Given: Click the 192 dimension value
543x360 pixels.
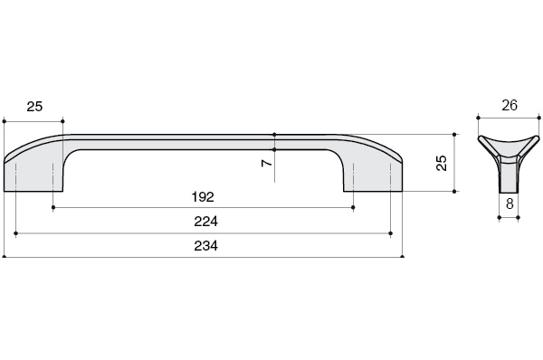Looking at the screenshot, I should pos(204,195).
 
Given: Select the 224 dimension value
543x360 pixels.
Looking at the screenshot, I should pos(204,221).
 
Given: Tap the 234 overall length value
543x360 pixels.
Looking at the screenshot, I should pos(204,246).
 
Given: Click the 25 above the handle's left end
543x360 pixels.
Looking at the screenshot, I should pos(34,107).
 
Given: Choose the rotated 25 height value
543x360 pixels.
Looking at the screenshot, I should pos(441,163).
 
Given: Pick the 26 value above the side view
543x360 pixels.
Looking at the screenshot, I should pos(510,106).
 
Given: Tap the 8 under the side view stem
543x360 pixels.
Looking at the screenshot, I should pos(510,204).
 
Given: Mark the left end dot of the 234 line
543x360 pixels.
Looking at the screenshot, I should pos(5,257).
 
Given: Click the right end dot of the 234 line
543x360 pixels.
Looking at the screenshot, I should pos(403,257).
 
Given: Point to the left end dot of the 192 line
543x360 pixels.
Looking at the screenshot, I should pos(53,207).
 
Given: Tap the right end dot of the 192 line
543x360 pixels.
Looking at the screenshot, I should pos(354,207).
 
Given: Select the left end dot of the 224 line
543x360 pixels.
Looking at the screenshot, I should pos(17,232).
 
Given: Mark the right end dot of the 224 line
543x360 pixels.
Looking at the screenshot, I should pos(390,232).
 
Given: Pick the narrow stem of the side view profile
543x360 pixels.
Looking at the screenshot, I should pos(510,176).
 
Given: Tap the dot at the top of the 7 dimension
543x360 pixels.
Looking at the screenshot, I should pos(275,135).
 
